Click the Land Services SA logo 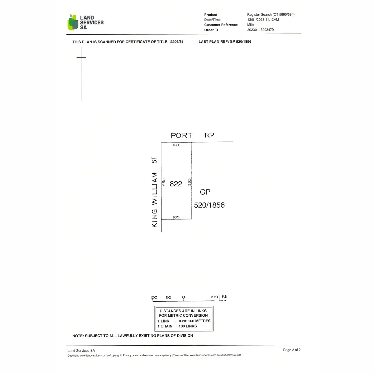click(x=85, y=22)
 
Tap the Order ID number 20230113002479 click(x=260, y=30)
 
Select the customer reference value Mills click(x=251, y=25)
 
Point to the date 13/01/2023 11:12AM click(x=263, y=20)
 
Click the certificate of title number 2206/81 click(x=177, y=41)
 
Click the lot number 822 click(x=176, y=184)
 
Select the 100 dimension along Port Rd click(x=176, y=145)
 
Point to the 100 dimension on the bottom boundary click(x=176, y=217)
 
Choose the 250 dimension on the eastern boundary click(x=189, y=182)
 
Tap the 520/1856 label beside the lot click(x=209, y=205)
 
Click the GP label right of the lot click(x=205, y=192)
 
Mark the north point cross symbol click(x=81, y=57)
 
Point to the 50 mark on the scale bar click(x=169, y=297)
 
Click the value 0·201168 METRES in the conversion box click(x=194, y=321)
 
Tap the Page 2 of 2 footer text click(x=292, y=350)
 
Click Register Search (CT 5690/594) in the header click(x=271, y=15)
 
